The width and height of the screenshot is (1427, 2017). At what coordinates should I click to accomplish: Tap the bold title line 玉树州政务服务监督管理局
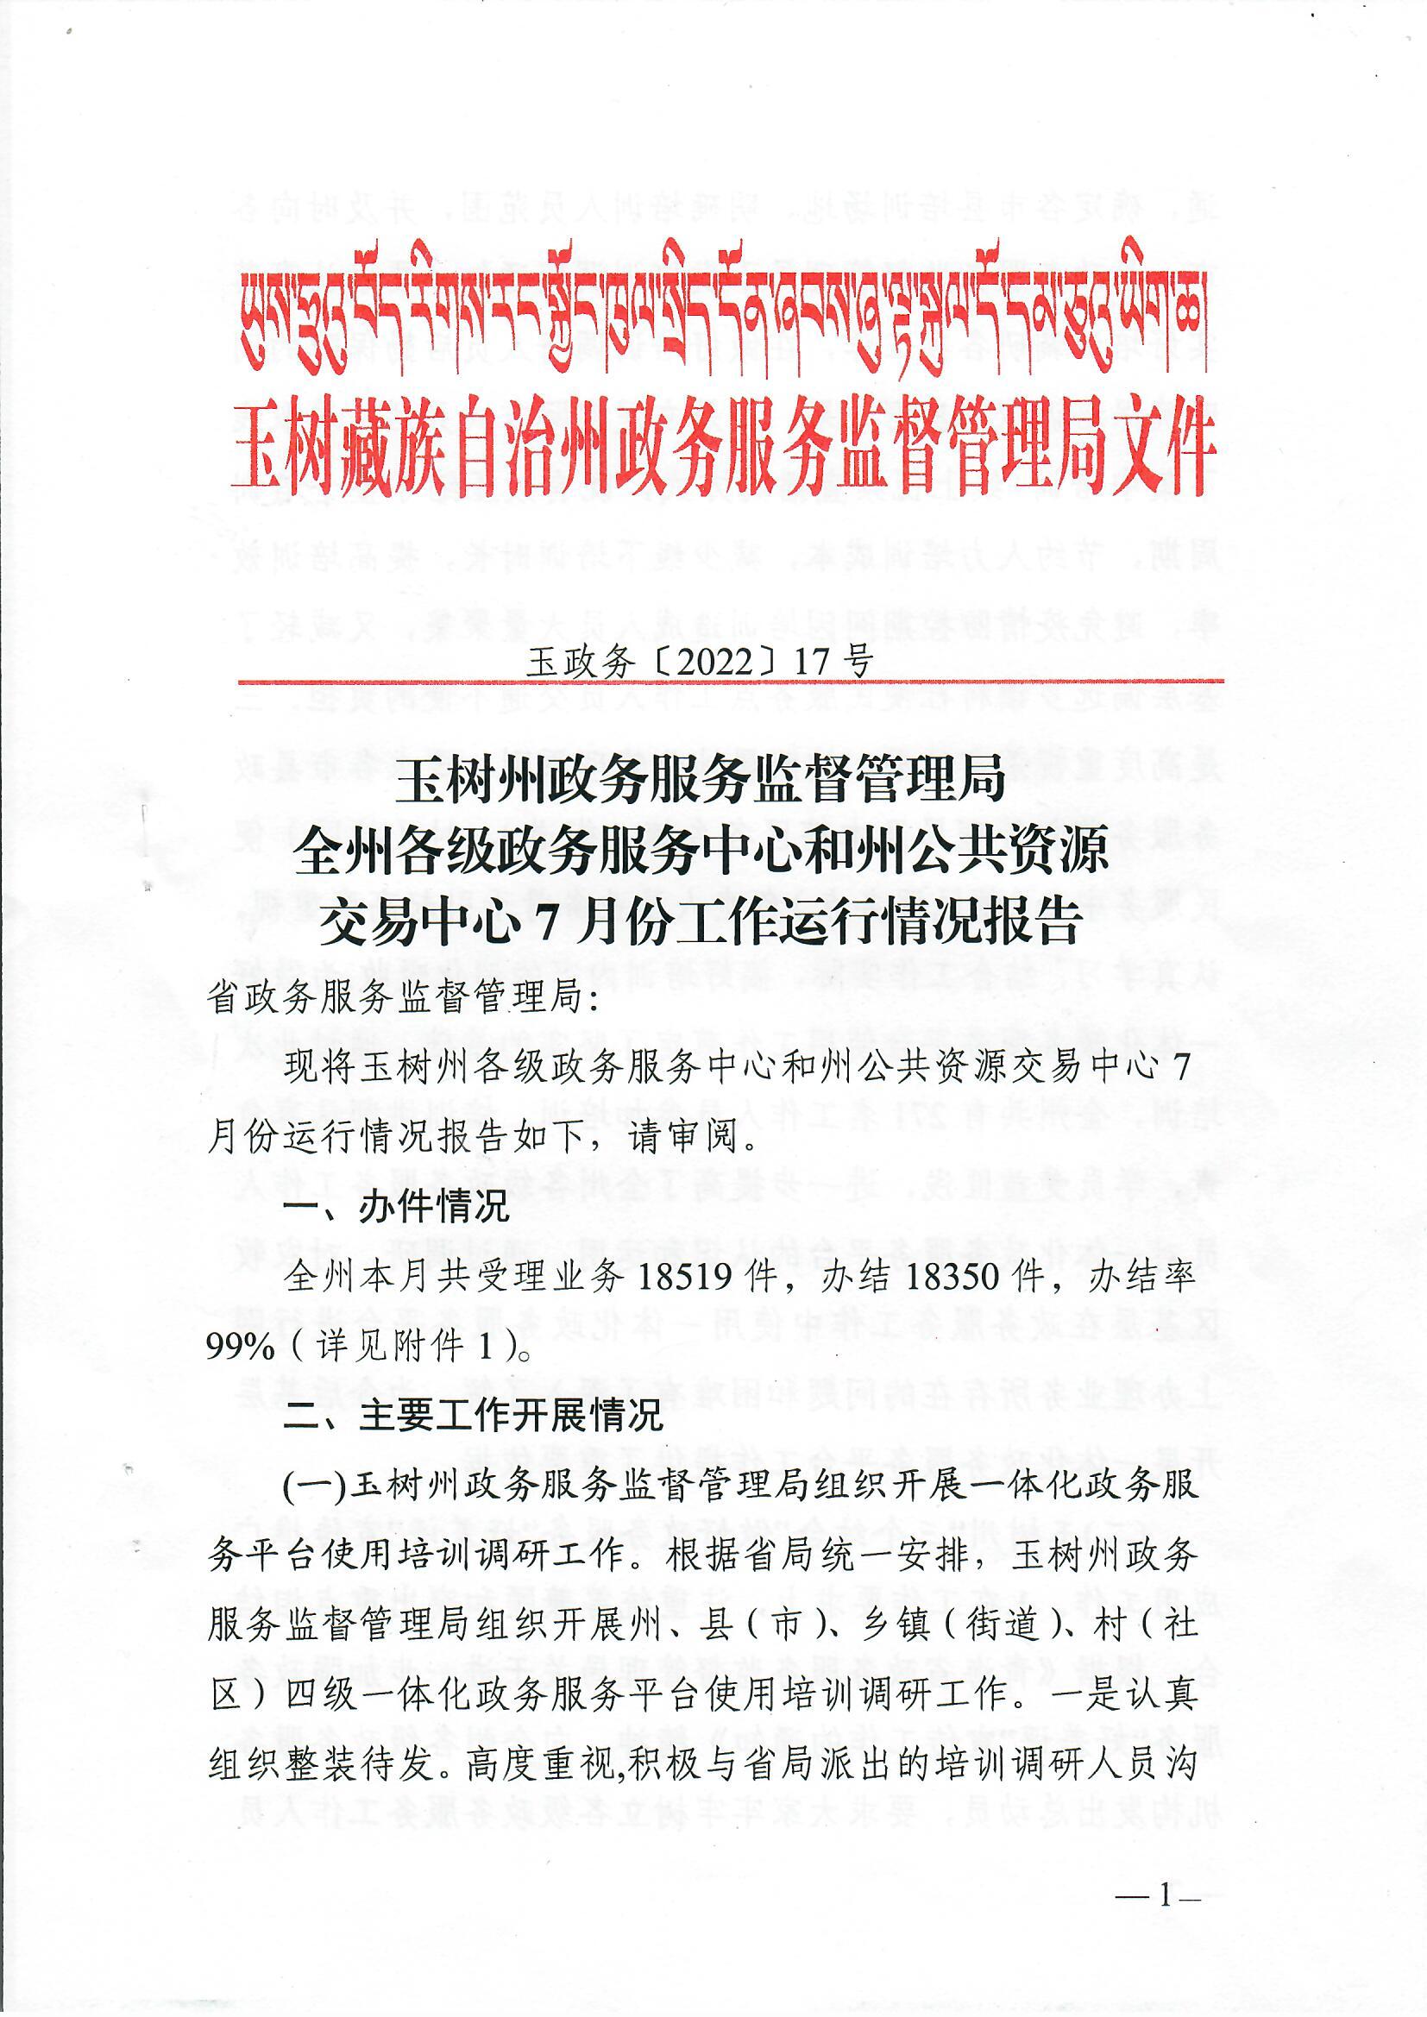coord(700,780)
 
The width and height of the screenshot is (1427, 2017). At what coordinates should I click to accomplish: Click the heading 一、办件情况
coord(395,1208)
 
